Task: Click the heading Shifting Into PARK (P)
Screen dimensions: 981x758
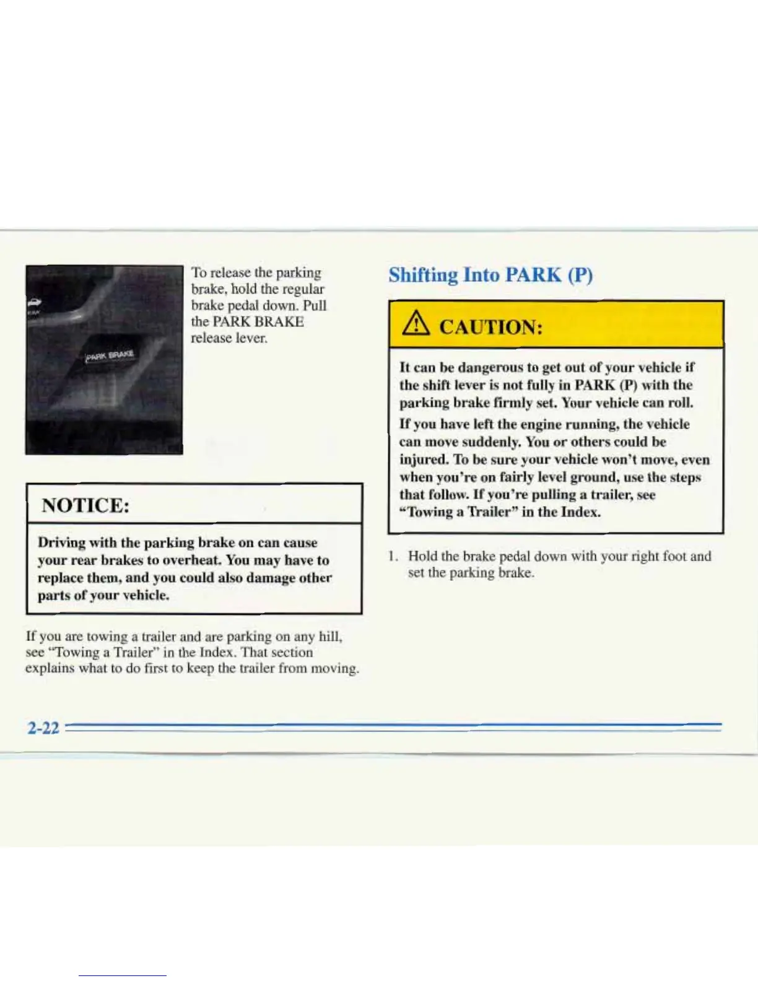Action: point(490,274)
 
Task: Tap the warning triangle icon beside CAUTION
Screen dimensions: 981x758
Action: point(416,325)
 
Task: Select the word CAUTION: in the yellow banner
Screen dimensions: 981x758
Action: point(490,326)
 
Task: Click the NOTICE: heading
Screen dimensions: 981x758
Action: point(85,505)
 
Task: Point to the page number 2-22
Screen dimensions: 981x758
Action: point(43,728)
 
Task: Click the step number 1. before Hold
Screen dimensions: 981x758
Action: point(393,556)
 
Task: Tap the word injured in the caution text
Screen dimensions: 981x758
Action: point(424,460)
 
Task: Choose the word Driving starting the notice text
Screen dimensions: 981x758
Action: point(61,543)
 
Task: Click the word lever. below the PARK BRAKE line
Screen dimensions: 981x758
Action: point(251,338)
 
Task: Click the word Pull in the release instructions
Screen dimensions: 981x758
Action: point(315,305)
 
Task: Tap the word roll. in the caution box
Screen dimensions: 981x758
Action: point(681,403)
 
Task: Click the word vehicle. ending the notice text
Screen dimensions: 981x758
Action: point(146,595)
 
